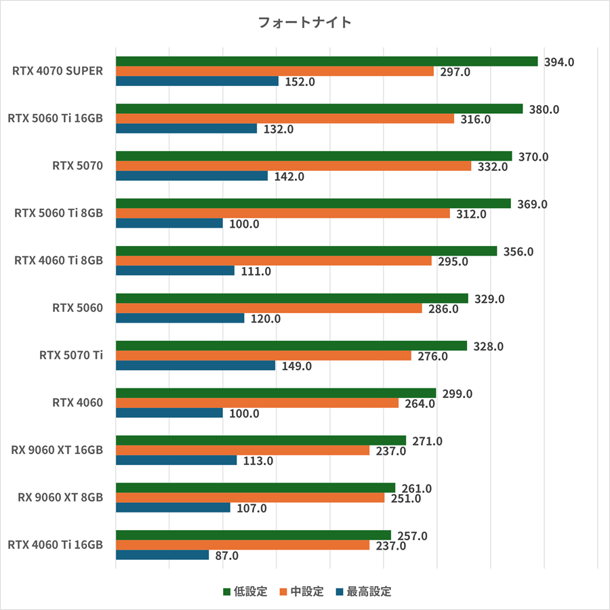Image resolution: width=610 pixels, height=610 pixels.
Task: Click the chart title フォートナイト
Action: (305, 22)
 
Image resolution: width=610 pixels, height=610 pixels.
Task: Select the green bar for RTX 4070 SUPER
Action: (327, 62)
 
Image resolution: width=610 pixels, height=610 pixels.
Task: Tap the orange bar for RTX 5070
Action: (293, 166)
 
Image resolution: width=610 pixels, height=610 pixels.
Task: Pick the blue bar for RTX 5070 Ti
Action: (195, 366)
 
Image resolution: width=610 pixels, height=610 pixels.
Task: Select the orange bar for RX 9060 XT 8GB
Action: (250, 498)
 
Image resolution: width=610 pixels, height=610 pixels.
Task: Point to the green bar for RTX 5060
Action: (292, 298)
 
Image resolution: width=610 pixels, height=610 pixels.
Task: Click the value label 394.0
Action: (559, 62)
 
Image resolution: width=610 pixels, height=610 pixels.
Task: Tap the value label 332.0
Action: (493, 166)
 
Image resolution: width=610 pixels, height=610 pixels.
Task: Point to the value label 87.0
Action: (227, 556)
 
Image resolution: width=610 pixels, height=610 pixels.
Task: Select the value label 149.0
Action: (297, 366)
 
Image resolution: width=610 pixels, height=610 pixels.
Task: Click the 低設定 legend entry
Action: (245, 592)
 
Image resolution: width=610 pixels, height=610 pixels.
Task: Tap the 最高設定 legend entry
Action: (363, 592)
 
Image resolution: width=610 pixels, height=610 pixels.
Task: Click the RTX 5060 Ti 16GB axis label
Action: (56, 119)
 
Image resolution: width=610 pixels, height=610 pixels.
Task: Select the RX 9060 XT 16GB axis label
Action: (58, 451)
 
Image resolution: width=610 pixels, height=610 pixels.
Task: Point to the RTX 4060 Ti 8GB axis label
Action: (59, 261)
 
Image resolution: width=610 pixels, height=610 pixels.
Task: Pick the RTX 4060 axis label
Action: (78, 403)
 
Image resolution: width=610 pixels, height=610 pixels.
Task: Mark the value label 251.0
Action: (406, 498)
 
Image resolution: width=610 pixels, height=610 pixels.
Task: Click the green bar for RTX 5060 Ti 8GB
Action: (313, 203)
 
